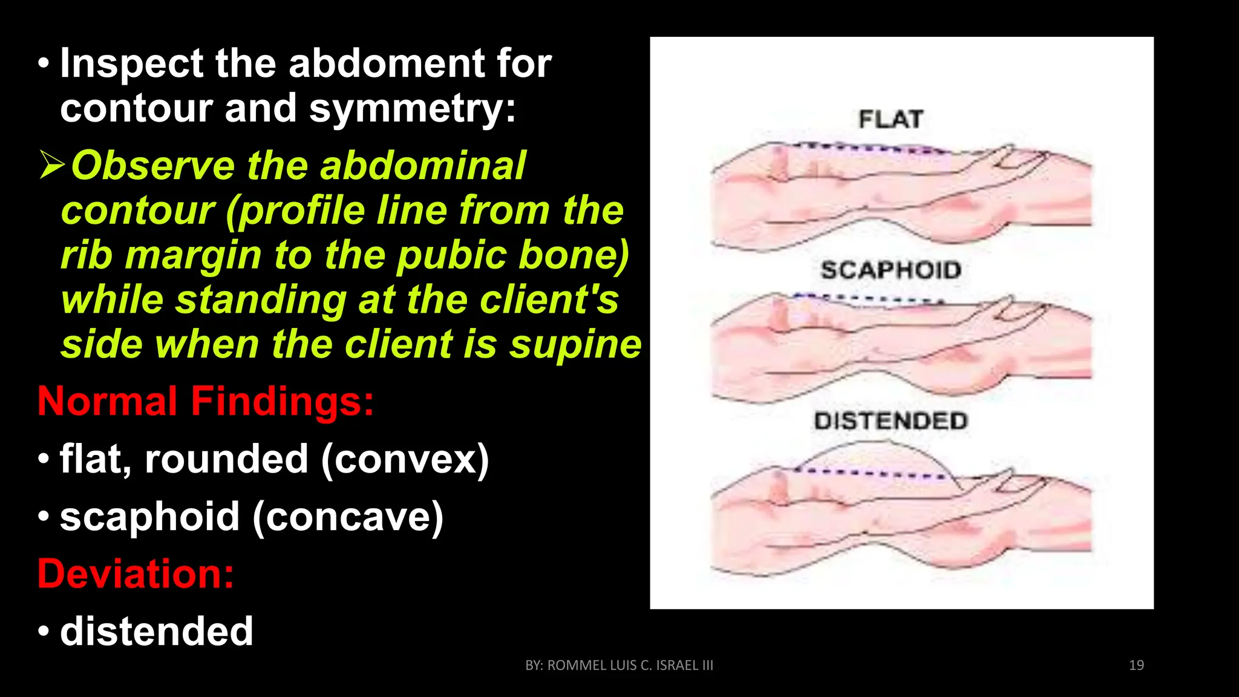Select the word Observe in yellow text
(x=153, y=166)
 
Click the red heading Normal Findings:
(x=206, y=401)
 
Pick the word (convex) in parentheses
(x=405, y=459)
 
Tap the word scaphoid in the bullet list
(x=149, y=517)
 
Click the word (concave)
(x=348, y=517)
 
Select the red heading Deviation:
(x=136, y=574)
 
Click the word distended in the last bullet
(x=156, y=631)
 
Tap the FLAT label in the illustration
(x=891, y=119)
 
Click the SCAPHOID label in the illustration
(x=891, y=270)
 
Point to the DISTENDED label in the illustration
(x=891, y=420)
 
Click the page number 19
(x=1136, y=665)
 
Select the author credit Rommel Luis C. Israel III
(x=619, y=665)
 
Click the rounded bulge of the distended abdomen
(x=877, y=454)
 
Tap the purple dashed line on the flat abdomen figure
(x=871, y=148)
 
